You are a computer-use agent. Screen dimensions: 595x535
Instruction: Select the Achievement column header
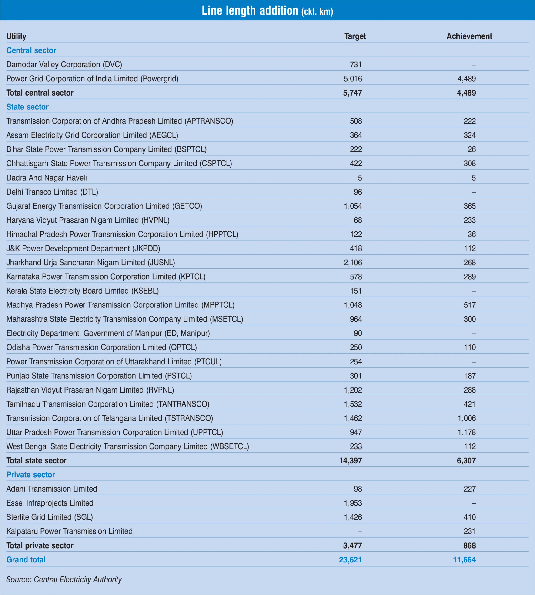(x=469, y=36)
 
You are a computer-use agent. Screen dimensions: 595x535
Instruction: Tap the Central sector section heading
(x=31, y=50)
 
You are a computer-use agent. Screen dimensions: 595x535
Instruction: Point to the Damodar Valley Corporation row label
(x=64, y=65)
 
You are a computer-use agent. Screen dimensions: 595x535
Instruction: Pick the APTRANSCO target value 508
(x=356, y=121)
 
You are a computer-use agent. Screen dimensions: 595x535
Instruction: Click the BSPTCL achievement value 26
(x=471, y=149)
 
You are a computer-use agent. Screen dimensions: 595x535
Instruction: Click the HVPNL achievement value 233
(x=469, y=220)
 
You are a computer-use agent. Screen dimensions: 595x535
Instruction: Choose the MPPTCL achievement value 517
(x=469, y=305)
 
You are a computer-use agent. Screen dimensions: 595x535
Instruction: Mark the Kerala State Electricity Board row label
(x=82, y=291)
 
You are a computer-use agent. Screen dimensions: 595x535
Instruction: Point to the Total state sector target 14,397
(x=350, y=460)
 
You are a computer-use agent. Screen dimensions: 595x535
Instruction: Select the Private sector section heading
(x=30, y=475)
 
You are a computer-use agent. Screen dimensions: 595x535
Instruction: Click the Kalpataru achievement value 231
(x=469, y=531)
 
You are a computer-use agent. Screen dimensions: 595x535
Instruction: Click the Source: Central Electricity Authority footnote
(x=64, y=579)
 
